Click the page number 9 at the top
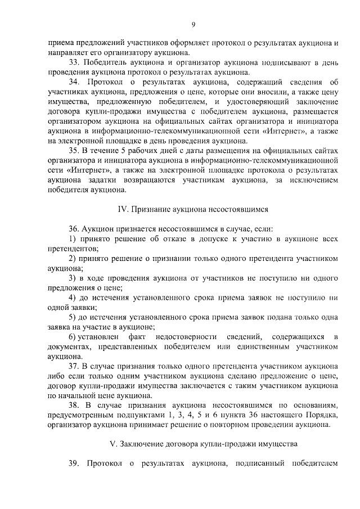(x=193, y=24)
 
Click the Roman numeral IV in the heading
(x=122, y=209)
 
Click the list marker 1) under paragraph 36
(x=73, y=239)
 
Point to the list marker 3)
(x=73, y=278)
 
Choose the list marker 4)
(x=73, y=298)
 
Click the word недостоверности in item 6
(x=178, y=336)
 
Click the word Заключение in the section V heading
(x=145, y=444)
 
